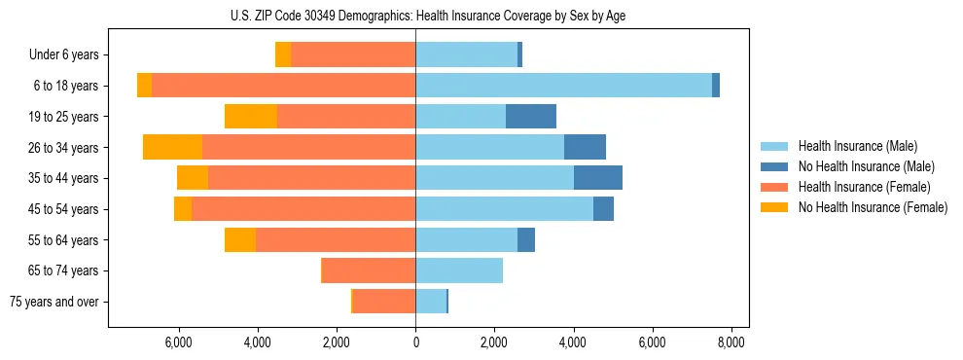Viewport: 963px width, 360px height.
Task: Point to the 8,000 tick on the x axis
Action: tap(731, 342)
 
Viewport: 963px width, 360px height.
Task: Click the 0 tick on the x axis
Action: tap(415, 342)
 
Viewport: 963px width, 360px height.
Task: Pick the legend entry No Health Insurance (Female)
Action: tap(873, 207)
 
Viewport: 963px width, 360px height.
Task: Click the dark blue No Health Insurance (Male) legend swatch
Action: tap(774, 166)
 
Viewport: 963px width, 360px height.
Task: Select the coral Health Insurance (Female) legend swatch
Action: tap(774, 187)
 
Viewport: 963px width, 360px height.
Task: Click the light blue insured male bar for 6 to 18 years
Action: tap(563, 86)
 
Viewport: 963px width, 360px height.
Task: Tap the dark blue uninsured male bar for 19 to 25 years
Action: tap(531, 117)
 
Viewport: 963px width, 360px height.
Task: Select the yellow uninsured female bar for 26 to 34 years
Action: tap(172, 147)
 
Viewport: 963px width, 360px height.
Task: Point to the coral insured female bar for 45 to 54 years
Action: tap(303, 209)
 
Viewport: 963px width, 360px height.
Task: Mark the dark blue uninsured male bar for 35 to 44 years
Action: tap(598, 178)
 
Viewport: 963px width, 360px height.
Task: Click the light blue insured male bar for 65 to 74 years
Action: tap(459, 270)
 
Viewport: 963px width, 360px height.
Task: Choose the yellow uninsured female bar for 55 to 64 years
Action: tap(240, 239)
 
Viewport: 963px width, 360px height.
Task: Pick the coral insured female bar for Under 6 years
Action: tap(353, 55)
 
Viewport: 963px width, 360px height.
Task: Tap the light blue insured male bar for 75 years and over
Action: tap(431, 302)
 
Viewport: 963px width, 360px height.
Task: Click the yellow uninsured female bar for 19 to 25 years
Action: tap(251, 117)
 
